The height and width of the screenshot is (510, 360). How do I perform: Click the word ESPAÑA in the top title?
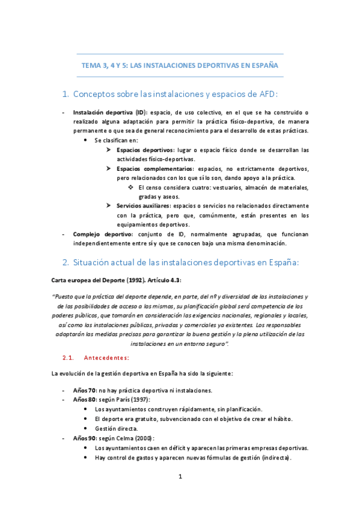pos(264,66)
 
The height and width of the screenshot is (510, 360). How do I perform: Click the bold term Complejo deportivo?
pos(102,233)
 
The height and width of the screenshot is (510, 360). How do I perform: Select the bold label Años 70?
pos(85,390)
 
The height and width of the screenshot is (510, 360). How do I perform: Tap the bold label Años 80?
pos(85,399)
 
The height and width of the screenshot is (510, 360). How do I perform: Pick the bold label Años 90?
pos(85,438)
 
